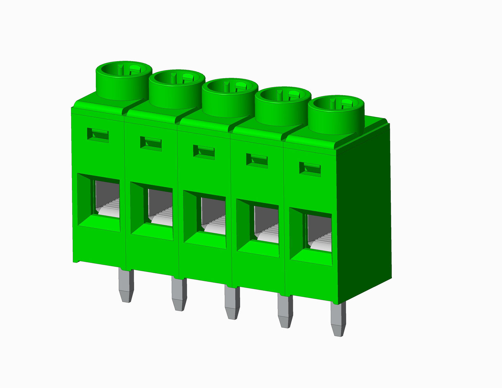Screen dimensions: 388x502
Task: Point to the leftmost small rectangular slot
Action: pyautogui.click(x=98, y=135)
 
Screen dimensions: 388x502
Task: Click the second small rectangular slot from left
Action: pyautogui.click(x=151, y=143)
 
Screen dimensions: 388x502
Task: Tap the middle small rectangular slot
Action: pyautogui.click(x=204, y=152)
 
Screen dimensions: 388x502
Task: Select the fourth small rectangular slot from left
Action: pyautogui.click(x=257, y=160)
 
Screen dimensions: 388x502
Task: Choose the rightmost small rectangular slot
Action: pyautogui.click(x=310, y=169)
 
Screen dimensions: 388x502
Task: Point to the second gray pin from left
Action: pyautogui.click(x=179, y=294)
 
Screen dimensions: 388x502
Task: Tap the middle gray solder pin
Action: pyautogui.click(x=232, y=302)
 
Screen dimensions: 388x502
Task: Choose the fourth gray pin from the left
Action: pyautogui.click(x=285, y=311)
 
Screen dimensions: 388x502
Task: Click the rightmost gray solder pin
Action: pyautogui.click(x=338, y=320)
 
